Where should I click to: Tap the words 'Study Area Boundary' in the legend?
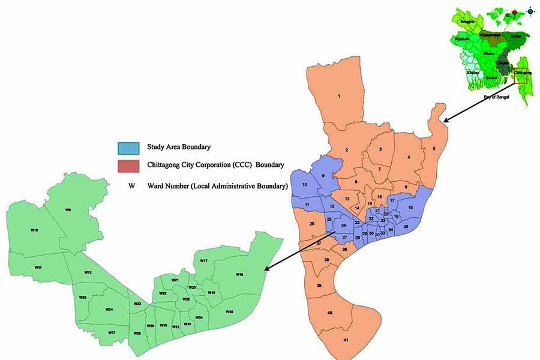tap(173, 147)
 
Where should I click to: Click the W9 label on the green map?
tap(68, 210)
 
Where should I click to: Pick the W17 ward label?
tap(204, 261)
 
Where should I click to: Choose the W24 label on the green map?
tap(109, 310)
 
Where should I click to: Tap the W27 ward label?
tap(112, 332)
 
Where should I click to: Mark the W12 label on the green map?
tap(88, 272)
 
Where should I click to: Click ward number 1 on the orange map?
tap(339, 96)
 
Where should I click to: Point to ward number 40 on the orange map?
tap(330, 313)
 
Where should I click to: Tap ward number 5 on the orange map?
tap(433, 148)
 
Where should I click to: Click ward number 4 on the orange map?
tap(408, 157)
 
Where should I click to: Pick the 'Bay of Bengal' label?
tap(496, 97)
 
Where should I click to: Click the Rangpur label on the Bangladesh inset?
tap(467, 21)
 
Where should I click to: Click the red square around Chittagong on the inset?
tap(520, 76)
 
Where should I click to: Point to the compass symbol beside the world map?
tap(530, 11)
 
